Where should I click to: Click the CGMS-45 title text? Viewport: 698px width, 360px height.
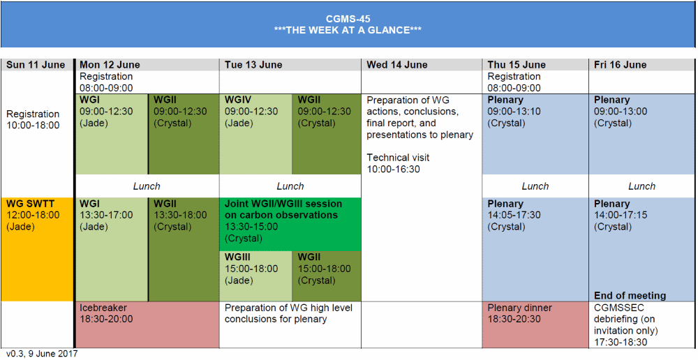click(348, 19)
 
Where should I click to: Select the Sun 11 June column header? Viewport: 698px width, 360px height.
click(36, 65)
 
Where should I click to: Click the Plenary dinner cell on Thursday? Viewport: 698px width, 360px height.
click(535, 324)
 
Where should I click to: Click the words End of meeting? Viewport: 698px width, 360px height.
click(630, 295)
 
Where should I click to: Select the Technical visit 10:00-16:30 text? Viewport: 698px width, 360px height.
click(394, 163)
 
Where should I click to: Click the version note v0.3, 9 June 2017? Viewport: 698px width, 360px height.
click(42, 354)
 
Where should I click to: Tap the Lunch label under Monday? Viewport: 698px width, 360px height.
click(147, 186)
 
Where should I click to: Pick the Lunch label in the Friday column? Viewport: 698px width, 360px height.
click(641, 186)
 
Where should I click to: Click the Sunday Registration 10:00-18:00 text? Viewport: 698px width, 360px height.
click(33, 119)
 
